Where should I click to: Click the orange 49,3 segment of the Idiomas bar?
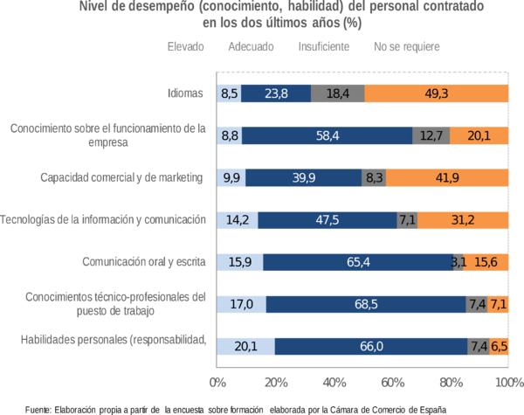pyautogui.click(x=437, y=92)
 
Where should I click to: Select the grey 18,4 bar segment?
pyautogui.click(x=337, y=92)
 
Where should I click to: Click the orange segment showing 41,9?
pyautogui.click(x=447, y=177)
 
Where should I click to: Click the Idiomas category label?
pyautogui.click(x=186, y=92)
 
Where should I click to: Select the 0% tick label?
pyautogui.click(x=217, y=381)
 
